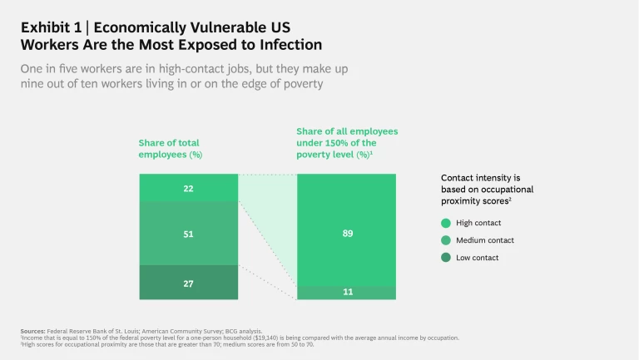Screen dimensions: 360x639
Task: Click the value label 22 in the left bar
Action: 188,189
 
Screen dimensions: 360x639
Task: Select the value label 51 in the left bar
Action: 188,234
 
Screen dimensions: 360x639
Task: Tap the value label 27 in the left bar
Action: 188,284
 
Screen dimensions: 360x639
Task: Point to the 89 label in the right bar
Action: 347,234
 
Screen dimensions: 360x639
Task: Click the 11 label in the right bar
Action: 347,293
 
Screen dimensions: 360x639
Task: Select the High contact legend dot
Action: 446,223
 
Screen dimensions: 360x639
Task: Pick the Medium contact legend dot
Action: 446,240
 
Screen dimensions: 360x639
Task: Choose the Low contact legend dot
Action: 446,258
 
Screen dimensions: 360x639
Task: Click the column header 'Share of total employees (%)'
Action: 171,149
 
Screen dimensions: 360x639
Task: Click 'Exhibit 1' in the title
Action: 49,27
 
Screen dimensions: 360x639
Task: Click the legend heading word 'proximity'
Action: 463,201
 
